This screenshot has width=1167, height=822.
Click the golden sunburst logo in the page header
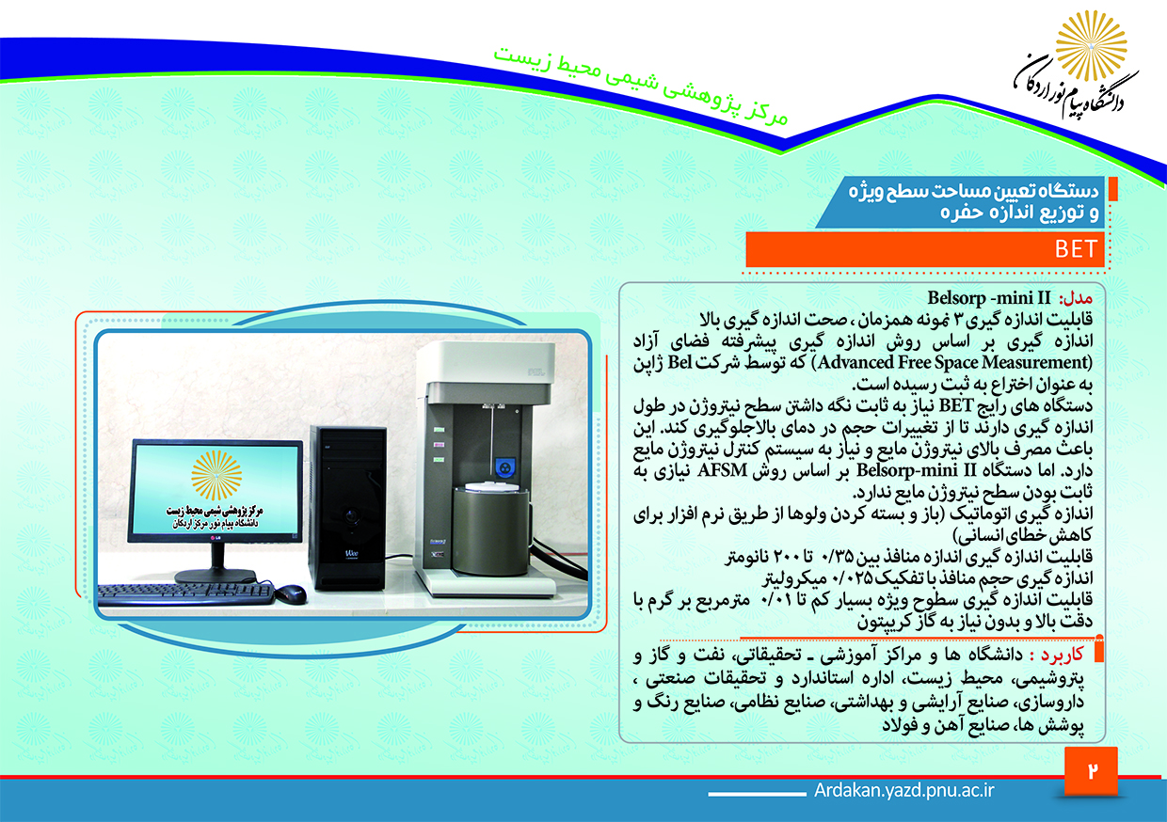pos(1091,46)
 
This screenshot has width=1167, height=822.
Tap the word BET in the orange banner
pos(1077,249)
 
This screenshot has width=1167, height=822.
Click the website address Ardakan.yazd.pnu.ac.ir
pos(903,790)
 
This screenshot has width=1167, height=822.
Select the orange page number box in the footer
pos(1091,771)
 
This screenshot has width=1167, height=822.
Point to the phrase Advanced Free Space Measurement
pos(954,362)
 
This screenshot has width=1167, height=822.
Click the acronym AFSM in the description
pos(722,470)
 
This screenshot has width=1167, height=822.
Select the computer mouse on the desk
pos(290,594)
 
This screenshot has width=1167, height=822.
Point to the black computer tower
pos(348,508)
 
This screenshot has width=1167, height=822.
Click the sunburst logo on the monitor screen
pos(216,475)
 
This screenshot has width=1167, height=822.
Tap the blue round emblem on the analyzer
pos(504,466)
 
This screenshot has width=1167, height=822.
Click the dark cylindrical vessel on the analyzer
pos(490,530)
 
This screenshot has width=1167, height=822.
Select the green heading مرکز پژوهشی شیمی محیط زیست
pos(640,87)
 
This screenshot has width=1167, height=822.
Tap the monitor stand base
pos(216,577)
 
